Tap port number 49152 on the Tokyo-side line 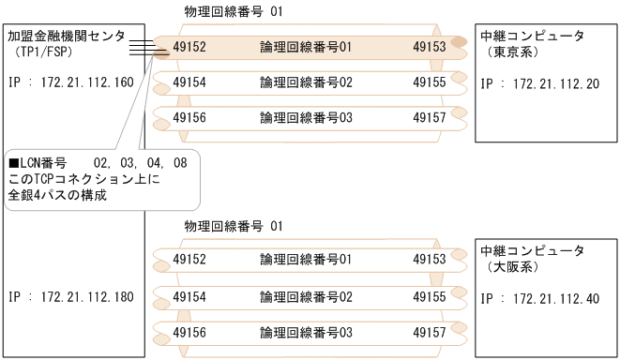pos(191,44)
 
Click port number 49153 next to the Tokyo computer pos(429,44)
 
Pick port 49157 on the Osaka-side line pos(429,332)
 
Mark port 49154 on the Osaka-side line pos(191,296)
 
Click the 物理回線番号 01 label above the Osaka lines pos(229,226)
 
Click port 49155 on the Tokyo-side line pos(429,82)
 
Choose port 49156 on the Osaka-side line pos(191,332)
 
